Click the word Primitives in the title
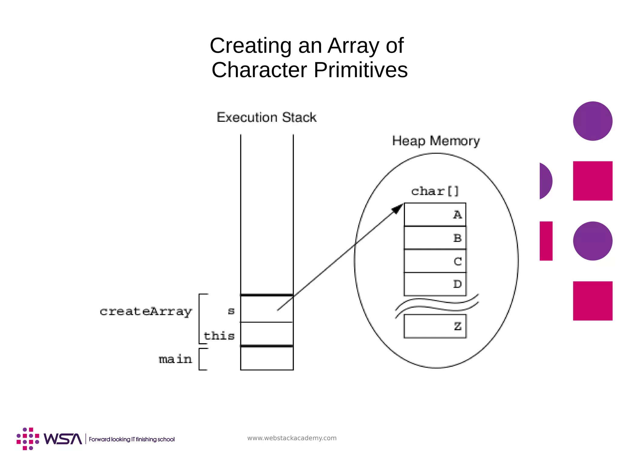361,70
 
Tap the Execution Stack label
266,117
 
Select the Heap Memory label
436,141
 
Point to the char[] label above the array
435,191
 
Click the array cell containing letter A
435,214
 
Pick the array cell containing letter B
435,238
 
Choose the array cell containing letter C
435,261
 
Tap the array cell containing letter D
435,284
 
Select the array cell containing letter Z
435,326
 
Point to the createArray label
146,311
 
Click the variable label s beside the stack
231,311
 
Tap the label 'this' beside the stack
219,336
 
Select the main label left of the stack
175,359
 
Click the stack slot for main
267,358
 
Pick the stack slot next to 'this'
267,334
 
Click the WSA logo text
63,439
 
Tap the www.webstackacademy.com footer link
292,438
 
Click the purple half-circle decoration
545,181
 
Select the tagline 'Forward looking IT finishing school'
132,439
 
